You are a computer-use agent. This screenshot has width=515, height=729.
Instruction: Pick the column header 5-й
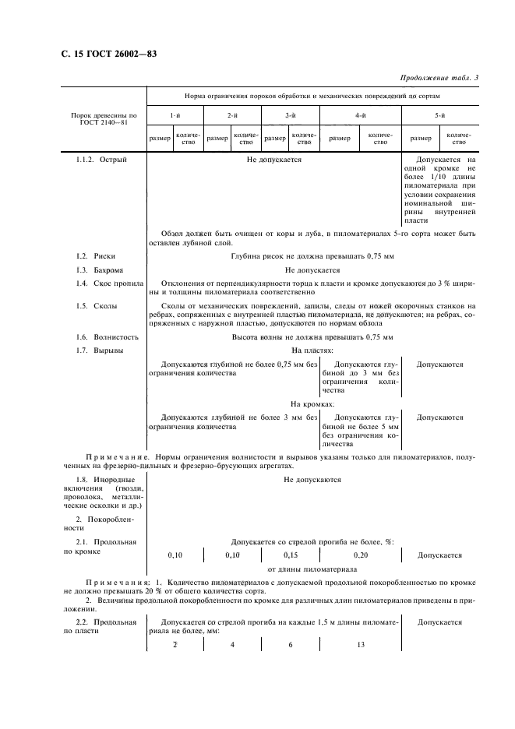point(440,115)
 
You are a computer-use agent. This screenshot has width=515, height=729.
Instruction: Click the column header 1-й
point(175,115)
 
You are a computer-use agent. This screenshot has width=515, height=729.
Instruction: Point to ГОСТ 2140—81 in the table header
point(104,122)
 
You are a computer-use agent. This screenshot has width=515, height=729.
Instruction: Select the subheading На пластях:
point(312,351)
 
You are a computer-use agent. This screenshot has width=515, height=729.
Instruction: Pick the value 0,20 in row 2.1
point(360,555)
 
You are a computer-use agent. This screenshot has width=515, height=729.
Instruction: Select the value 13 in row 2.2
point(360,646)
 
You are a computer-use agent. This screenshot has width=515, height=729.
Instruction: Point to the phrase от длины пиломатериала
point(312,569)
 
